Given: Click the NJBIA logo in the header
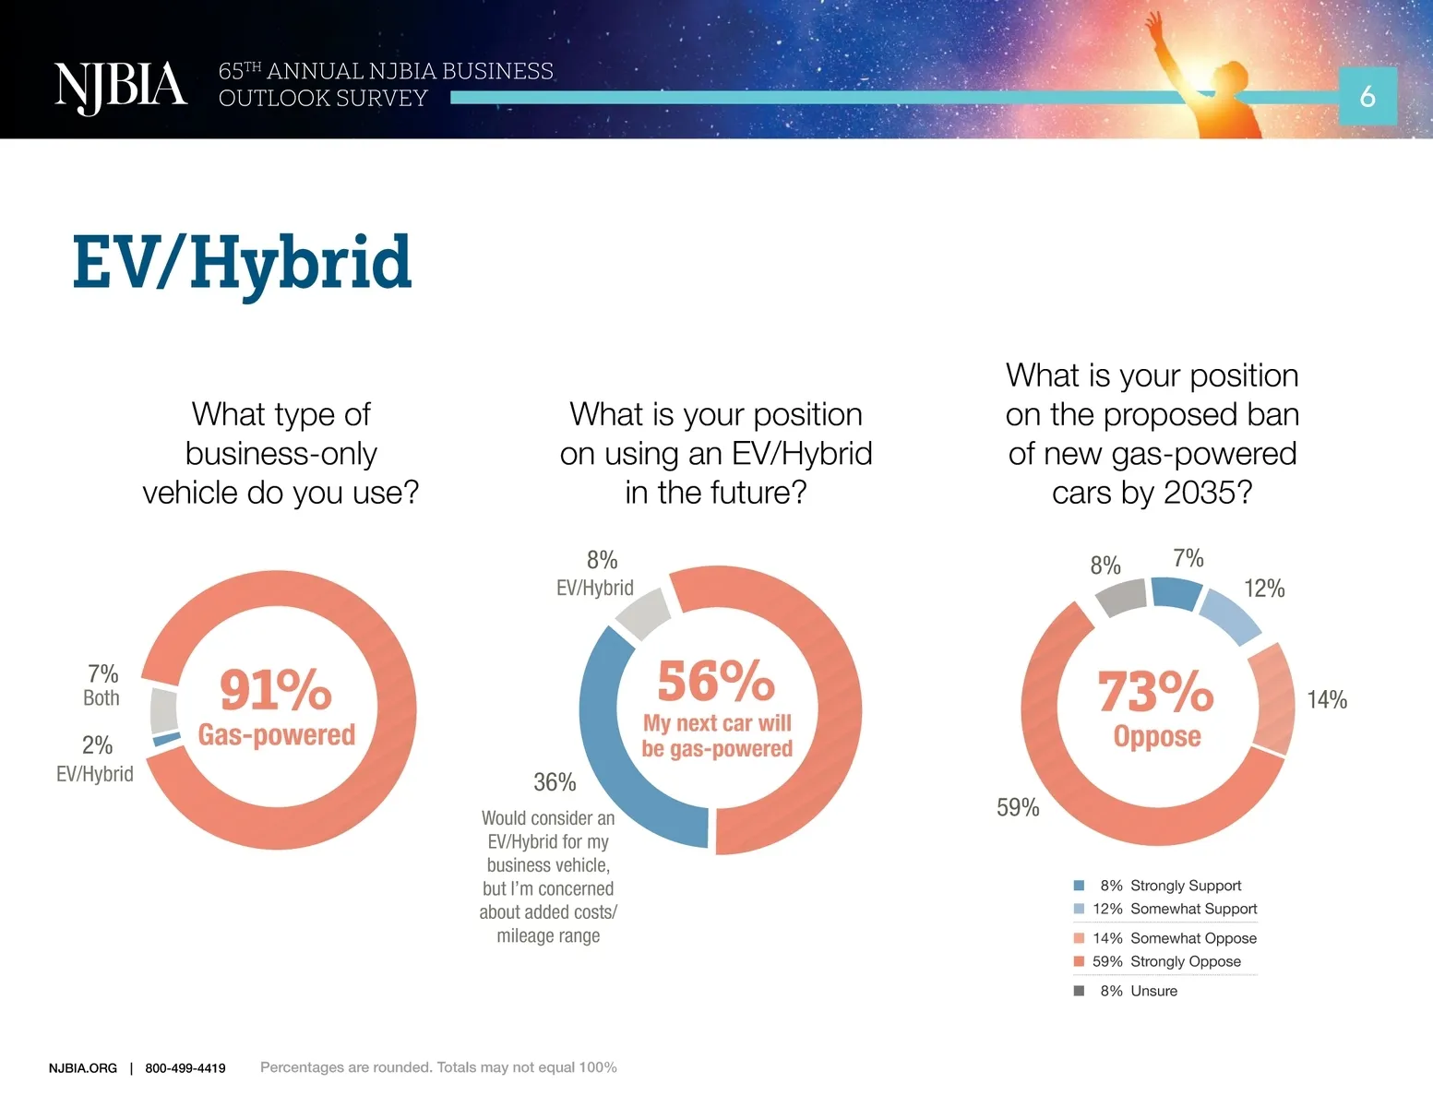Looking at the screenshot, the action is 121,88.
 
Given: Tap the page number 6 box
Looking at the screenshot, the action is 1367,96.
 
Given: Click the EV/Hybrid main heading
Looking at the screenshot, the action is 242,265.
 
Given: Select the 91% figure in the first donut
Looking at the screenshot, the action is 276,690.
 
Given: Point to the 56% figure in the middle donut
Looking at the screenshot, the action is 716,681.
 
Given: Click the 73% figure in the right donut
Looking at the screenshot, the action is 1155,692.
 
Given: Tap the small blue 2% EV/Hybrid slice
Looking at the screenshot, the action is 166,739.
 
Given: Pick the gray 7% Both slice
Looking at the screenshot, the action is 163,710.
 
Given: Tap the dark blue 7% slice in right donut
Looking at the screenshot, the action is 1176,593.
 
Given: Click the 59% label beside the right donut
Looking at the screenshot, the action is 1018,808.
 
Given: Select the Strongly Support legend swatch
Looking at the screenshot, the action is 1079,886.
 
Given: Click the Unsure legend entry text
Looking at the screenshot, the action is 1154,991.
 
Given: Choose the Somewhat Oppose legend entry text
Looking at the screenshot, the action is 1194,938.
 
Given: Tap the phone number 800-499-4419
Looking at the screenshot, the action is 185,1068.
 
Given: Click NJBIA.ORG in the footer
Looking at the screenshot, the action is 83,1068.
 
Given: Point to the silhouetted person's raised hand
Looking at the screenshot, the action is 1153,23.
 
